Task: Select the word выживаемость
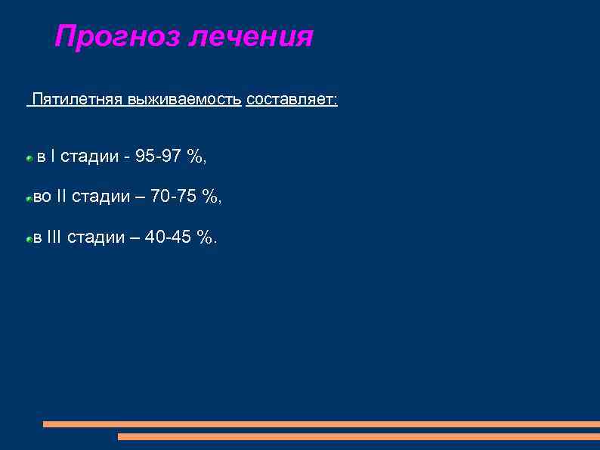[x=184, y=101]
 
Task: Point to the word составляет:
[x=292, y=101]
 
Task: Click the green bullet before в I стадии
[x=28, y=159]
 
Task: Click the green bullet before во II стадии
[x=28, y=199]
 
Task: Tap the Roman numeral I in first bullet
[x=52, y=157]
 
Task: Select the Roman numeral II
[x=62, y=197]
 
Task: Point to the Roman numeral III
[x=54, y=237]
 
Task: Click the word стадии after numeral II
[x=101, y=197]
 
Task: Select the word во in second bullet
[x=42, y=197]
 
